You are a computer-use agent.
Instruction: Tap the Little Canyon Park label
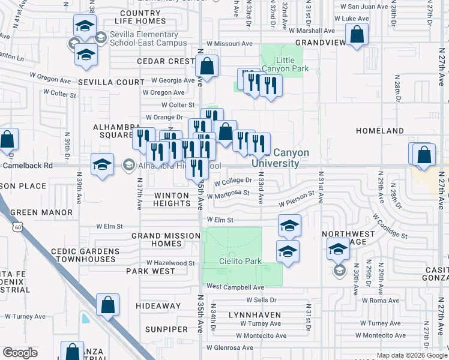[x=292, y=64]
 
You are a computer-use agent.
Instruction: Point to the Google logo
[x=20, y=352]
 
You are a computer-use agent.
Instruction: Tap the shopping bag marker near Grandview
[x=357, y=35]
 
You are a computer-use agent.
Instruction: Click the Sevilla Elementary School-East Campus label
[x=148, y=39]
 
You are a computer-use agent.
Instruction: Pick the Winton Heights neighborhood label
[x=172, y=199]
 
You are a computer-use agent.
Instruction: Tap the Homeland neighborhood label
[x=396, y=130]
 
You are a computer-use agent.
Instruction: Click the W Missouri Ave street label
[x=230, y=44]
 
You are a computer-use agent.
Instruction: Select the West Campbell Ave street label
[x=237, y=288]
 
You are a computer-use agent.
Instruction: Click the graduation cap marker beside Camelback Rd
[x=102, y=164]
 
